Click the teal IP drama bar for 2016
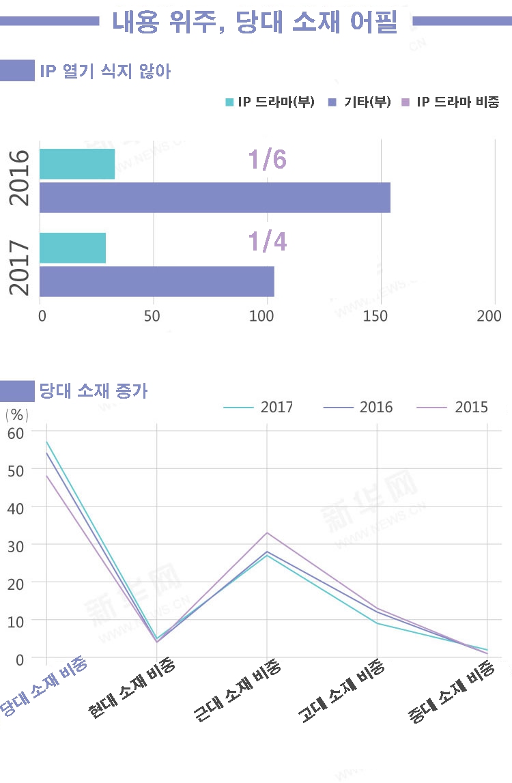[x=77, y=164]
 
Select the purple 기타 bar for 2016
[x=215, y=197]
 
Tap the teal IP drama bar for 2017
[x=73, y=248]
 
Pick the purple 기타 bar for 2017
[x=157, y=281]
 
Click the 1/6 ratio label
[x=267, y=159]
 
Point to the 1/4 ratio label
[x=267, y=242]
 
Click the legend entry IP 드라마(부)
[x=270, y=102]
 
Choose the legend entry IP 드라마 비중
[x=451, y=102]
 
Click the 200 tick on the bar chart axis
[x=489, y=315]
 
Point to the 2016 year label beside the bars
[x=20, y=177]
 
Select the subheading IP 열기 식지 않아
[x=105, y=71]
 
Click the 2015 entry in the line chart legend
[x=470, y=408]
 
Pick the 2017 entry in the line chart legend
[x=276, y=408]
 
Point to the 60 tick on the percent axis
[x=15, y=432]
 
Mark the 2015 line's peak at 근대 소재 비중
[x=267, y=532]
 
